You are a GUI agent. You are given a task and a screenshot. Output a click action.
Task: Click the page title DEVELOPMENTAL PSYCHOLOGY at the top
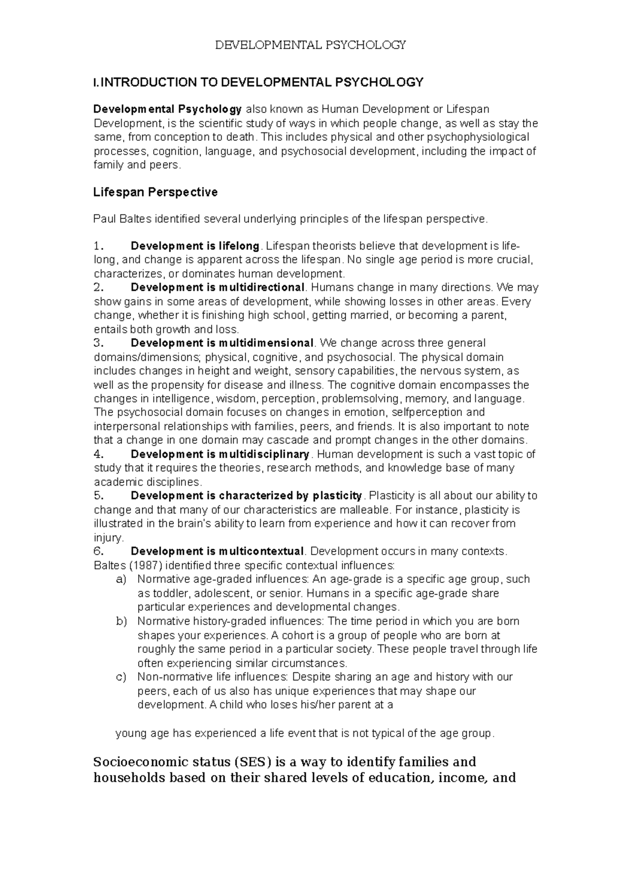coord(310,45)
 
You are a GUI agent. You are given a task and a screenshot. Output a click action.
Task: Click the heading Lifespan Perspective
coord(155,193)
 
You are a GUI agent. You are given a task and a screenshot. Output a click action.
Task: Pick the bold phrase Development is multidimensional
coord(222,343)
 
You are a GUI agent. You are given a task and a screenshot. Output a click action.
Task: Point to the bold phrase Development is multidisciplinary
coord(220,455)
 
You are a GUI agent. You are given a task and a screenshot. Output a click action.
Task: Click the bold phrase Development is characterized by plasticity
coord(246,496)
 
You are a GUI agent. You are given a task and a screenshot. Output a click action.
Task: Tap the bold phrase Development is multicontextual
coord(217,551)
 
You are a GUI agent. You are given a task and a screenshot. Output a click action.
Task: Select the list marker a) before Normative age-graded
coord(121,579)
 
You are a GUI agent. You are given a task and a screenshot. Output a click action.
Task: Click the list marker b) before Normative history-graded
coord(121,621)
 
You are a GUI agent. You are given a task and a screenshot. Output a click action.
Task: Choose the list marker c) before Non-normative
coord(121,677)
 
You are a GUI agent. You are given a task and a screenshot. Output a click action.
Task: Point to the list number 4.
coord(99,455)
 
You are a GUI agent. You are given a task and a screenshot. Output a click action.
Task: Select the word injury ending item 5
coord(108,537)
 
